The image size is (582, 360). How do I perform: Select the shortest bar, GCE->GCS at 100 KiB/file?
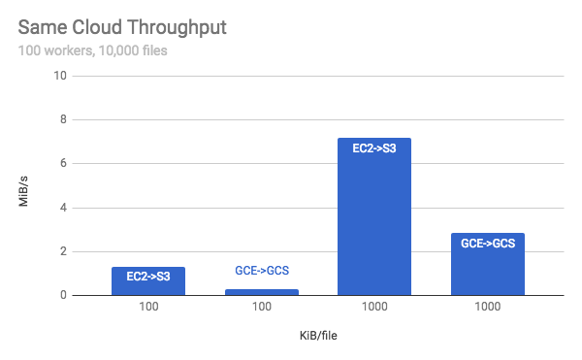(x=261, y=291)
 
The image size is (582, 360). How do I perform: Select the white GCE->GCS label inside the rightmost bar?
(x=487, y=243)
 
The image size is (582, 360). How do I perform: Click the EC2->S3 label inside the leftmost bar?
(x=148, y=277)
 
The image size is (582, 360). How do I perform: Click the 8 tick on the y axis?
(x=63, y=119)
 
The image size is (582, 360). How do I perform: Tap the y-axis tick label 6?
(x=63, y=163)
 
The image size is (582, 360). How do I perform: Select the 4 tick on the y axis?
(x=63, y=208)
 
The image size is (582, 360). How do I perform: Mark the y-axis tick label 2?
(x=63, y=251)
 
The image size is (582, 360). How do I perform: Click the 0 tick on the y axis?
(x=63, y=295)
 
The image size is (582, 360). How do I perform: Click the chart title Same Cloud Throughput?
(x=122, y=27)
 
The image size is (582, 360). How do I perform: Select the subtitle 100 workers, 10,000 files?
(x=93, y=49)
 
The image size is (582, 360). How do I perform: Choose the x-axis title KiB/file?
(x=317, y=336)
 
